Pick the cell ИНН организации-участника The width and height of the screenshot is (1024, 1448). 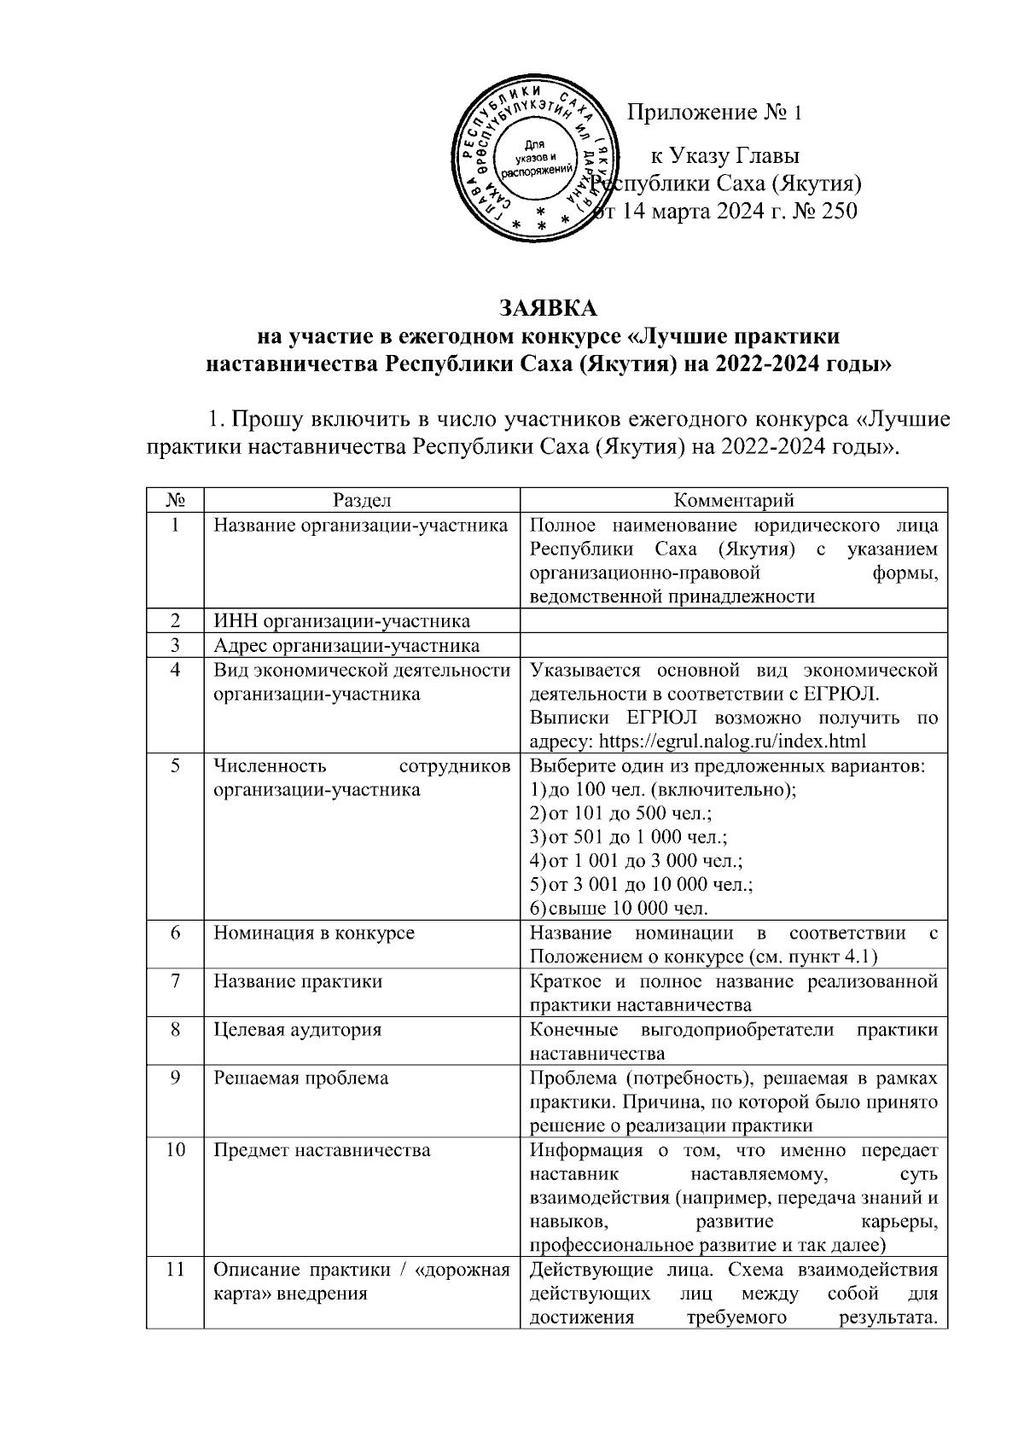[x=341, y=621]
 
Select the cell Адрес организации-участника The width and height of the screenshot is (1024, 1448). [x=346, y=645]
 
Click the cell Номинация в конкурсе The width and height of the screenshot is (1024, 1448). [x=313, y=933]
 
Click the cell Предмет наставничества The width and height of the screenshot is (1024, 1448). [x=322, y=1150]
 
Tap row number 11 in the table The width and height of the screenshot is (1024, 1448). [x=175, y=1270]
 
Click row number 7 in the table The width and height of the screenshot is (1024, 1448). [x=175, y=981]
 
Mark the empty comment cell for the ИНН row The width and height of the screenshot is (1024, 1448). [x=734, y=621]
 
